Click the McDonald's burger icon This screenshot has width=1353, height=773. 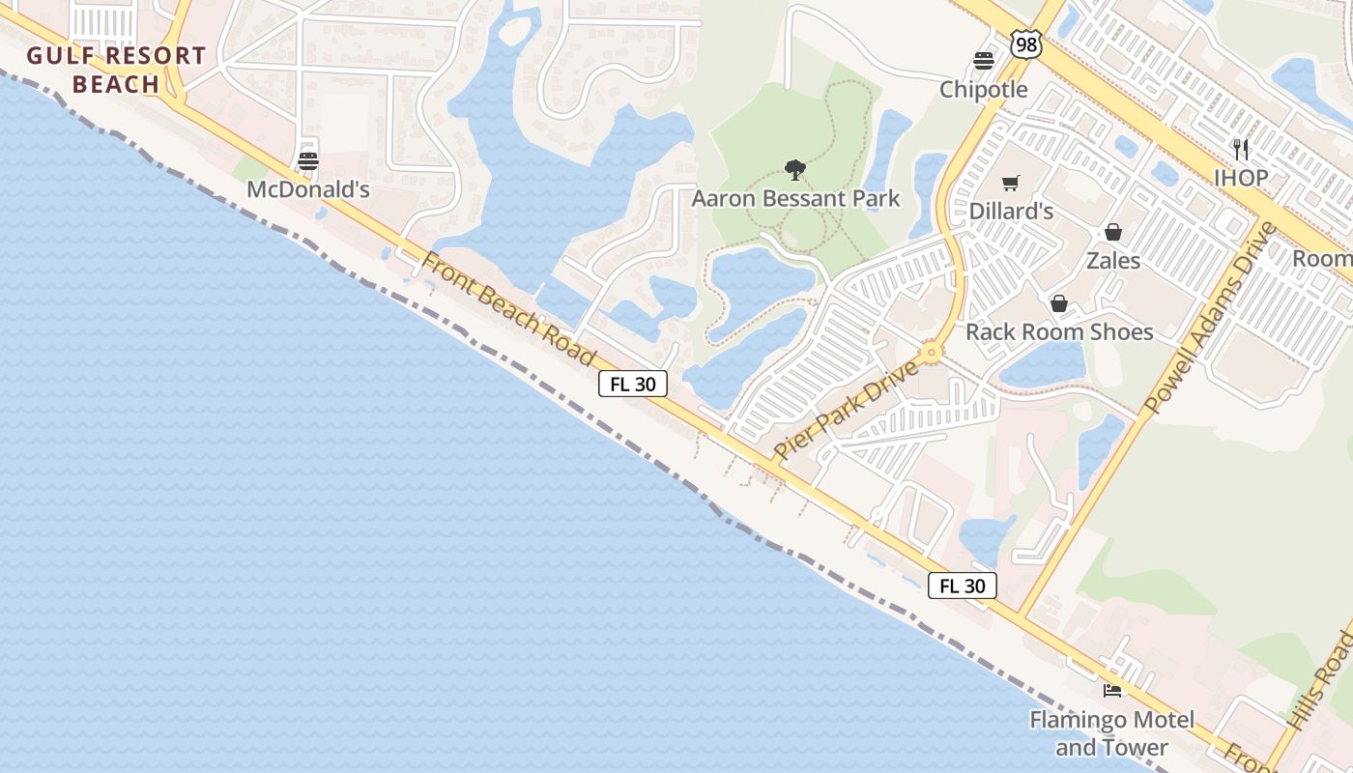click(x=308, y=160)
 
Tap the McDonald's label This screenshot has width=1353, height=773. click(x=308, y=189)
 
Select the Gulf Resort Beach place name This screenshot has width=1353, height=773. click(x=116, y=70)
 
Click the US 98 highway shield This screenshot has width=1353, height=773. click(x=1026, y=43)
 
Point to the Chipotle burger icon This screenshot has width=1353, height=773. click(x=984, y=61)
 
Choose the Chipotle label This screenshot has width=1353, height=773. click(x=984, y=89)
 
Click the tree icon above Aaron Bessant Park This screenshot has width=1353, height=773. click(x=795, y=171)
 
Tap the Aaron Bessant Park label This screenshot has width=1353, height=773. click(x=795, y=199)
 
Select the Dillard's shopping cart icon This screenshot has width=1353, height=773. click(x=1011, y=183)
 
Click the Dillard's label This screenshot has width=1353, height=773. click(x=1011, y=211)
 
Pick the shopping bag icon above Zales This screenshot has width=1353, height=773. click(x=1113, y=232)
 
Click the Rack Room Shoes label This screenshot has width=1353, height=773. click(x=1059, y=331)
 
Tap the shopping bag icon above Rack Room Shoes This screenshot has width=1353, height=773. click(x=1059, y=303)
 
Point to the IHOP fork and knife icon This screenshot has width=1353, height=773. click(x=1241, y=149)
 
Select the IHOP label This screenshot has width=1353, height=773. click(x=1241, y=178)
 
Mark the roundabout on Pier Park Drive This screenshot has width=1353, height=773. click(x=932, y=352)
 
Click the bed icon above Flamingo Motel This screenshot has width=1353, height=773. click(x=1112, y=691)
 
